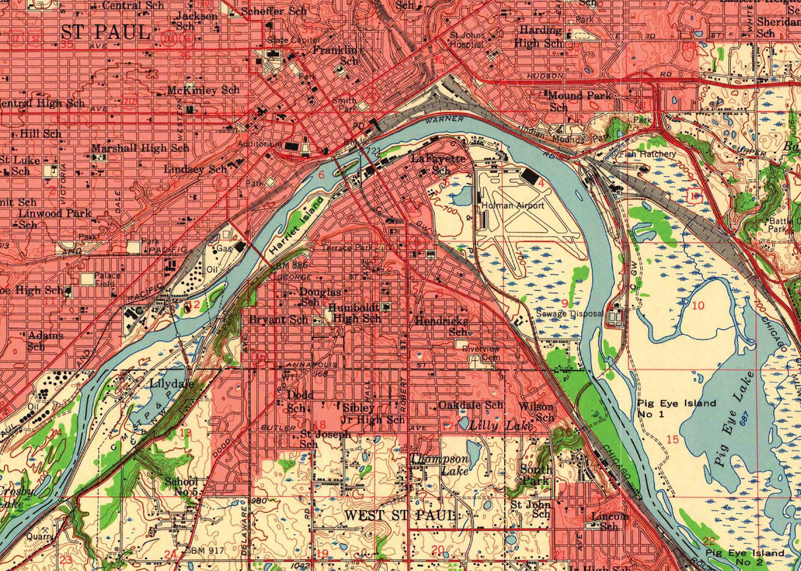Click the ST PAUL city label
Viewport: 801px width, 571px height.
[x=106, y=31]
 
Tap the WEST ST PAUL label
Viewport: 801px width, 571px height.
[x=400, y=515]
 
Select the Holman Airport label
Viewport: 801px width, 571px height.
[x=513, y=206]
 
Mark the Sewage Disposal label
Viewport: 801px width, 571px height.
[x=569, y=314]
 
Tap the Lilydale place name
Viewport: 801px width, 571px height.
[x=172, y=384]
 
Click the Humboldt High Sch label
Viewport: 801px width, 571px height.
[x=355, y=313]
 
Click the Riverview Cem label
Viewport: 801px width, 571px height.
[x=481, y=353]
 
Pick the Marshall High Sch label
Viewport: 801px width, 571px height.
[x=140, y=149]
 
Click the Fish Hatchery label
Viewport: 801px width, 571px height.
[x=650, y=154]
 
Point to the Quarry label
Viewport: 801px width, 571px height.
[x=40, y=537]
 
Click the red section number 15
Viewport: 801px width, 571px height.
[x=672, y=440]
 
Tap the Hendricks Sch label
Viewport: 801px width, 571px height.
[x=441, y=325]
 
